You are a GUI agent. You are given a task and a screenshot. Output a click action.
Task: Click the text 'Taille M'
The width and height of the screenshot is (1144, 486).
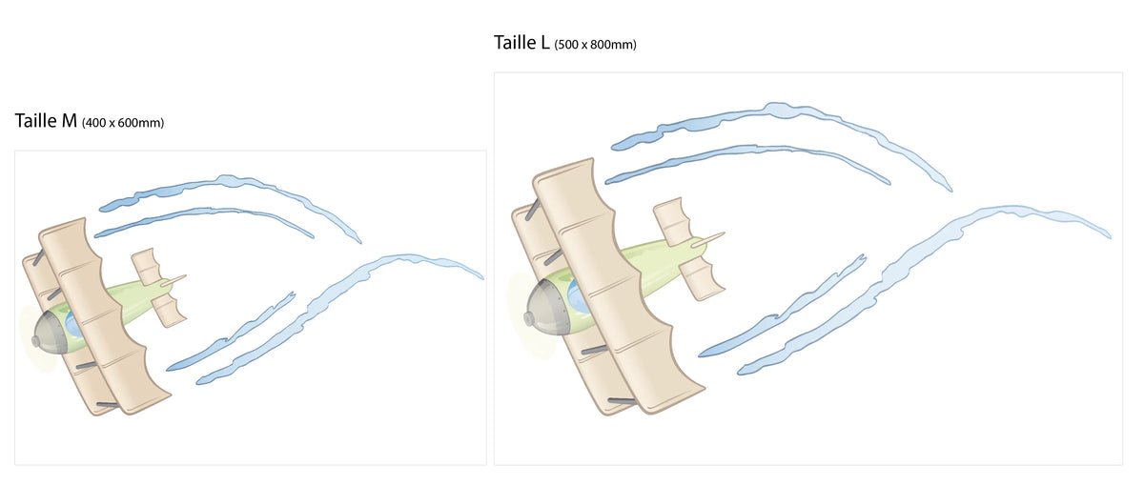click(x=46, y=121)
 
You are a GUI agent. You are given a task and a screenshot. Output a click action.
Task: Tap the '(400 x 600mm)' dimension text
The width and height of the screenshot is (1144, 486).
click(x=123, y=123)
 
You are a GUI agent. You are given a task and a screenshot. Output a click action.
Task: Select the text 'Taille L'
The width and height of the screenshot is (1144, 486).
click(x=521, y=42)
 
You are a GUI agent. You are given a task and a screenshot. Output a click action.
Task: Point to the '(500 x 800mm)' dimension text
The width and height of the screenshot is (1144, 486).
click(x=596, y=45)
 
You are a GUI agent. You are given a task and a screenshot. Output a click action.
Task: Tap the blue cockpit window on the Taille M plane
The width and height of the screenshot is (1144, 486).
click(x=73, y=325)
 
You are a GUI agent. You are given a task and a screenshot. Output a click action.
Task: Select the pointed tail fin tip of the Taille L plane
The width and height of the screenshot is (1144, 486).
click(x=723, y=234)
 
